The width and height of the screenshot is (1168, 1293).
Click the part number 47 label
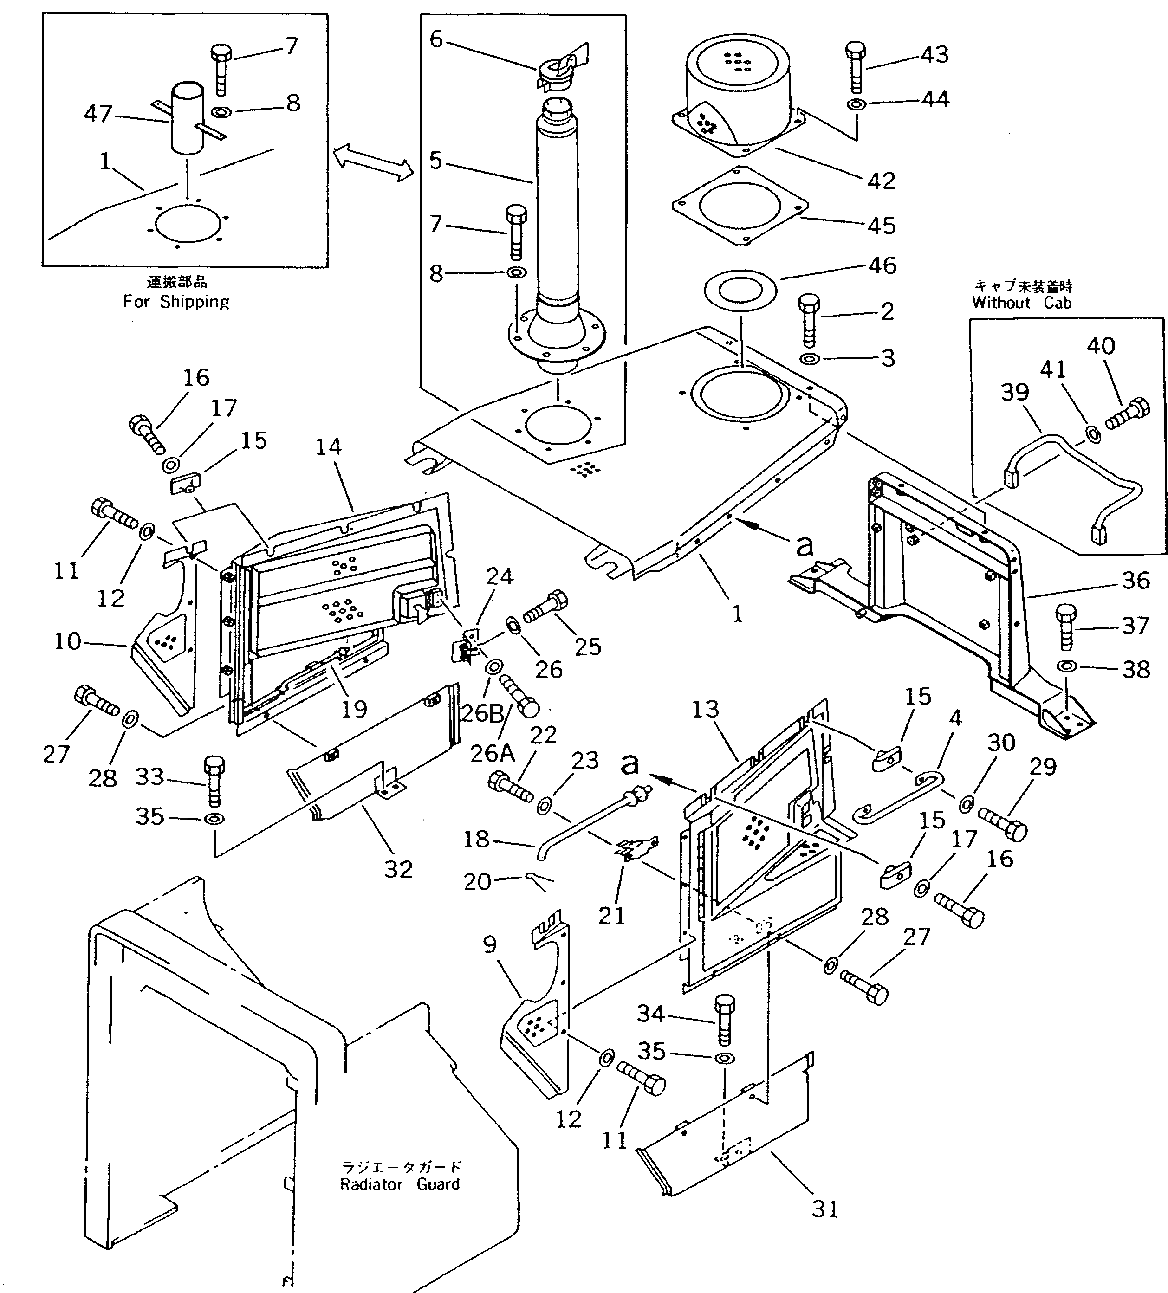tap(98, 114)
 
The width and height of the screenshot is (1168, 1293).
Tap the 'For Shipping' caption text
tap(176, 302)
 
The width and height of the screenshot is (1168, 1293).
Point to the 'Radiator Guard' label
tap(400, 1184)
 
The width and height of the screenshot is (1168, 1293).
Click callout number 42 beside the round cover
tap(881, 181)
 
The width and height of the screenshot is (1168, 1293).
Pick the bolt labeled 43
tap(856, 67)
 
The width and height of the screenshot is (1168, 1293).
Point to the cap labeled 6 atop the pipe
tap(560, 67)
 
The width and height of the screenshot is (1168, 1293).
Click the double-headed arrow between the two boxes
tap(373, 162)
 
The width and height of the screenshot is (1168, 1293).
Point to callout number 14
tap(328, 447)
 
